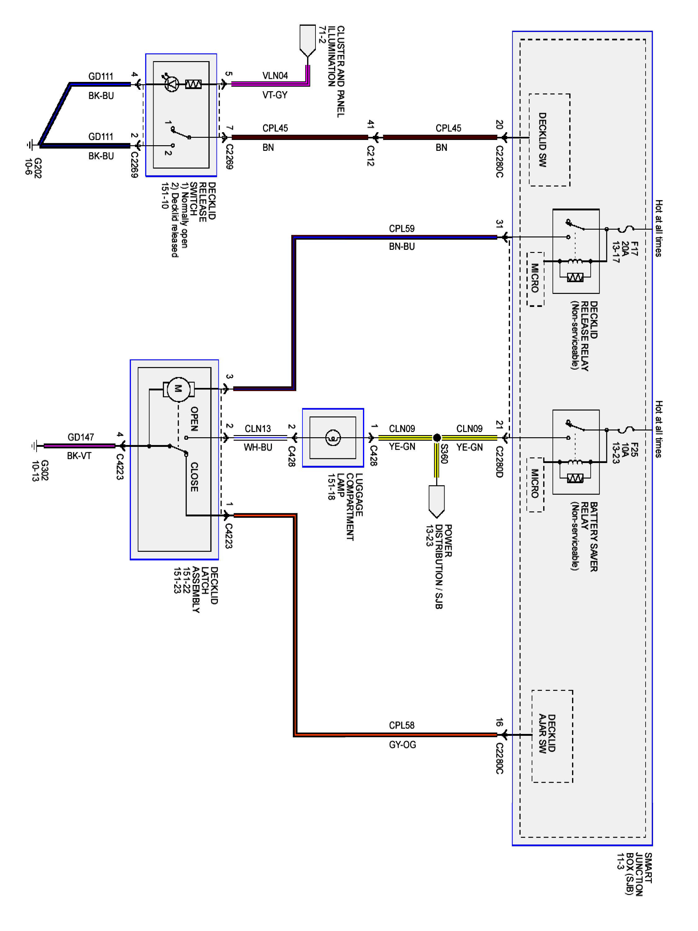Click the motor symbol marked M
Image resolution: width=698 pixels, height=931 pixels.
coord(178,389)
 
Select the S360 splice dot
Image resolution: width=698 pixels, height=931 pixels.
coord(437,438)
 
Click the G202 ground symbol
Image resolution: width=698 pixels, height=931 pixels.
coord(29,145)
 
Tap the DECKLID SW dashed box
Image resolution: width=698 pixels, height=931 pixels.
coord(549,140)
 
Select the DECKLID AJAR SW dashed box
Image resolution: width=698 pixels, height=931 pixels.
coord(552,736)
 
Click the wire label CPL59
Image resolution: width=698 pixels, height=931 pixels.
coord(401,228)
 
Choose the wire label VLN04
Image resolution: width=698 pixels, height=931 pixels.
coord(275,76)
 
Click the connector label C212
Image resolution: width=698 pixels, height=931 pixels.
coord(370,156)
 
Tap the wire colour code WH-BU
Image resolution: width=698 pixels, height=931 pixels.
coord(258,448)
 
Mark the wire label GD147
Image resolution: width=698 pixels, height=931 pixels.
coord(81,437)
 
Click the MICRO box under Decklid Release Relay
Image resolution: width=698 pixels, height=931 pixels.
coord(535,279)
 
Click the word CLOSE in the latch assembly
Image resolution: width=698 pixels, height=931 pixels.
coord(194,477)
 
